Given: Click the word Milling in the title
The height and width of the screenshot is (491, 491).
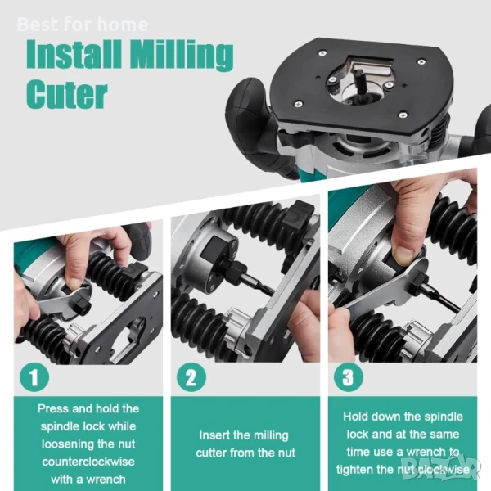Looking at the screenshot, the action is click(182, 55).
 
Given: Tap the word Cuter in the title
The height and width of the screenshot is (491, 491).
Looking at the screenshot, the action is click(67, 94).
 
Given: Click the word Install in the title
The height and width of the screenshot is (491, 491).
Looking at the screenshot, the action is click(74, 52).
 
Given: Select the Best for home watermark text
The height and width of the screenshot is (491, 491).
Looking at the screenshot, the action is click(83, 25).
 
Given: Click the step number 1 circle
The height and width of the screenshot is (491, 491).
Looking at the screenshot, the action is click(34, 377).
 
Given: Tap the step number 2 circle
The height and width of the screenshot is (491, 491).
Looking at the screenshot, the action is click(191, 377).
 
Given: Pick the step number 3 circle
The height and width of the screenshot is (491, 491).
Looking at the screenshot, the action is click(349, 377).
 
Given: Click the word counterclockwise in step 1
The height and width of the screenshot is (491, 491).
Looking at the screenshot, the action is click(88, 462).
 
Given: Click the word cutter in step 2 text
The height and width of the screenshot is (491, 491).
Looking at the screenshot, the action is click(211, 453).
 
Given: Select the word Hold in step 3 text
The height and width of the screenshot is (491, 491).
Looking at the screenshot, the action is click(355, 417).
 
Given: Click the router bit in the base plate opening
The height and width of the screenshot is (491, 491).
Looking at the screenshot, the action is click(359, 86).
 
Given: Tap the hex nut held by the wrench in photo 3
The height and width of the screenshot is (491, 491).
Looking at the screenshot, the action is click(420, 279).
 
